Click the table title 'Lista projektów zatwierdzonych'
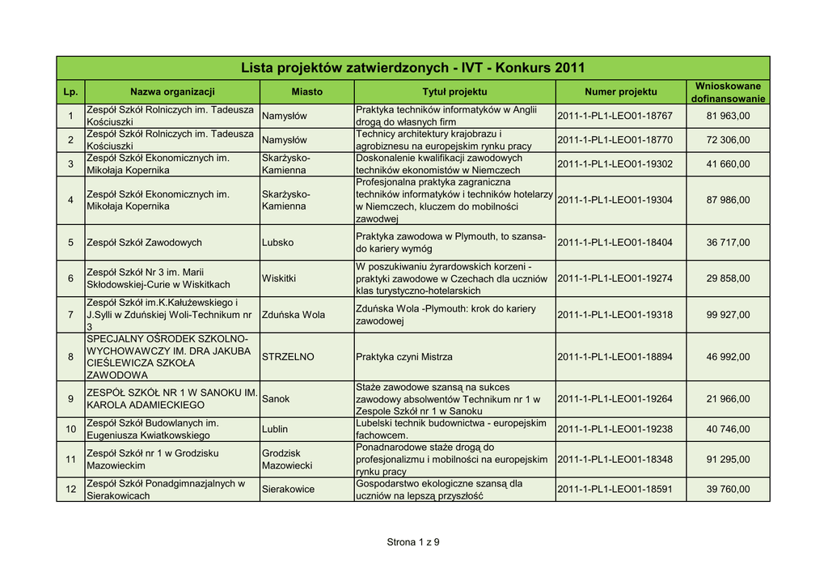coord(412,68)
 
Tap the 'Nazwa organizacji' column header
coord(172,92)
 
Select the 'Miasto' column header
coord(306,92)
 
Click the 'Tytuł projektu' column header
coord(454,92)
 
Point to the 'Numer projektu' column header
coord(620,92)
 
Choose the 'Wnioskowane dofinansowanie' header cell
coord(728,92)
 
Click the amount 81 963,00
coord(728,117)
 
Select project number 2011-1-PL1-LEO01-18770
coord(615,140)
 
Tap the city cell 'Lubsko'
coord(278,243)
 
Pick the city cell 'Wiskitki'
coord(280,278)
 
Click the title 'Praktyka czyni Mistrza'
coord(404,357)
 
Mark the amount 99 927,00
coord(728,315)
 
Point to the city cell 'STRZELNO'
coord(288,357)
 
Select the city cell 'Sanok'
coord(276,399)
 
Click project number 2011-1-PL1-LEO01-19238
coord(615,429)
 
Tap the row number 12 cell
coord(70,490)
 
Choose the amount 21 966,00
coord(728,399)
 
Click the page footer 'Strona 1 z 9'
coord(413,542)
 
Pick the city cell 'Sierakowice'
coord(289,490)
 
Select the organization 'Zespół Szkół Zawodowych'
coord(144,243)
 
